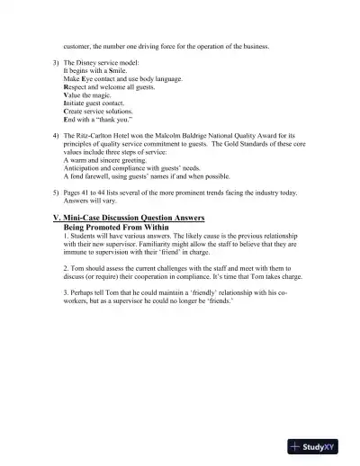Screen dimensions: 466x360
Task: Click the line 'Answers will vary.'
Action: [90, 202]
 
